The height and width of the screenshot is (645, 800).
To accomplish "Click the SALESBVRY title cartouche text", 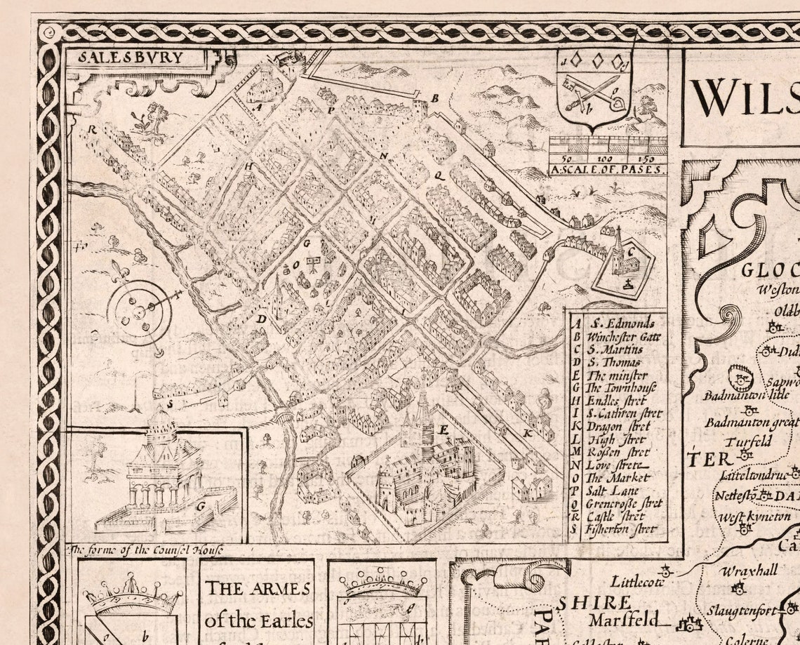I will tap(131, 58).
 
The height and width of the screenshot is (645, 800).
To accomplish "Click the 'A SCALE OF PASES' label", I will tap(608, 169).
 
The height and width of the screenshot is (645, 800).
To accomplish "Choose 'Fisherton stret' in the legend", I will tap(622, 529).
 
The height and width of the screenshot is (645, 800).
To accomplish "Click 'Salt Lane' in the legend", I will tap(612, 491).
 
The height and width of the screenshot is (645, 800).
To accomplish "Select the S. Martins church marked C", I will tap(621, 260).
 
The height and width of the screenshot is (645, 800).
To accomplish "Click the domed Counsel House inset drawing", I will tap(163, 470).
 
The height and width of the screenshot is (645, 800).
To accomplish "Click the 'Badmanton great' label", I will tap(751, 422).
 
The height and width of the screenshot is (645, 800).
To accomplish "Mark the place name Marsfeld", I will tap(624, 620).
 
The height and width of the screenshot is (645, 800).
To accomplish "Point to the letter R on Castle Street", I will tap(91, 129).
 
